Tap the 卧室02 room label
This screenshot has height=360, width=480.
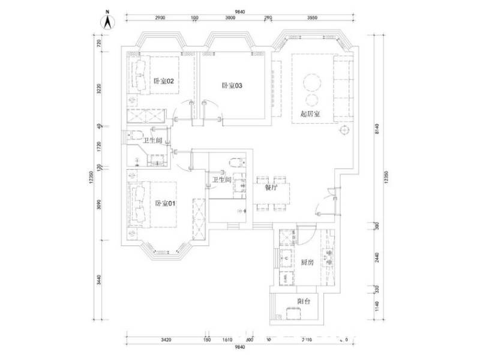pyautogui.click(x=163, y=81)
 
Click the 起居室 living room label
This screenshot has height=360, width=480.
pyautogui.click(x=310, y=113)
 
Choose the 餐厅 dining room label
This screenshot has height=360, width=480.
pyautogui.click(x=271, y=187)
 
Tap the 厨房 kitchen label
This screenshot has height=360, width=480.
pyautogui.click(x=307, y=262)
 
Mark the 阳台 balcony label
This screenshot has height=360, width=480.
pyautogui.click(x=303, y=301)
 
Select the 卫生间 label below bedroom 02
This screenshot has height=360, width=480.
pyautogui.click(x=152, y=140)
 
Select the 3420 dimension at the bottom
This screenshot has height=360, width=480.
pyautogui.click(x=166, y=340)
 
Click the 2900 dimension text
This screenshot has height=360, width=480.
pyautogui.click(x=160, y=18)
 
